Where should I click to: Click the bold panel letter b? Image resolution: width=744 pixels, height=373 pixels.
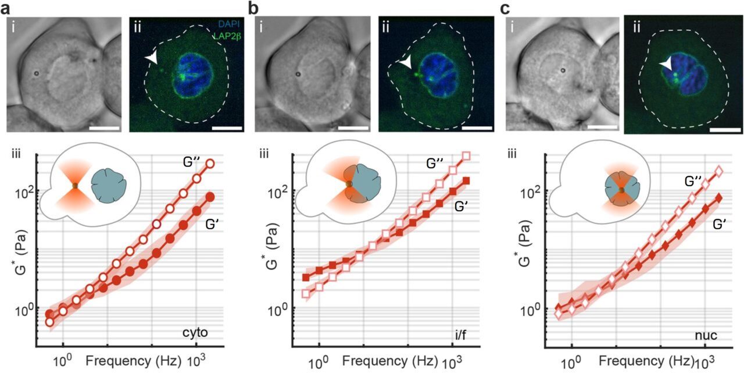pyautogui.click(x=255, y=8)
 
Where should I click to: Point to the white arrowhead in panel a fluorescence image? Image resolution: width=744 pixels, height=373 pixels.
pyautogui.click(x=152, y=58)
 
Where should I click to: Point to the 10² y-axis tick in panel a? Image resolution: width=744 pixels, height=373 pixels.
pyautogui.click(x=24, y=191)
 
